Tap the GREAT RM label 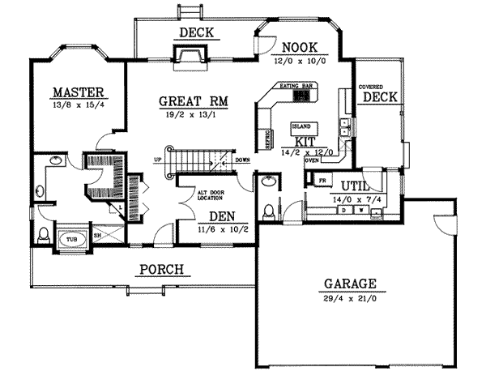[192, 102]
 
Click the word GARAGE [350, 284]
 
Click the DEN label [222, 216]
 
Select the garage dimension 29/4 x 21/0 [350, 299]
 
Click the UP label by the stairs [159, 160]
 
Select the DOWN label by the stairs [241, 160]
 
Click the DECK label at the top [196, 33]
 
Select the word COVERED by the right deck [371, 86]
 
